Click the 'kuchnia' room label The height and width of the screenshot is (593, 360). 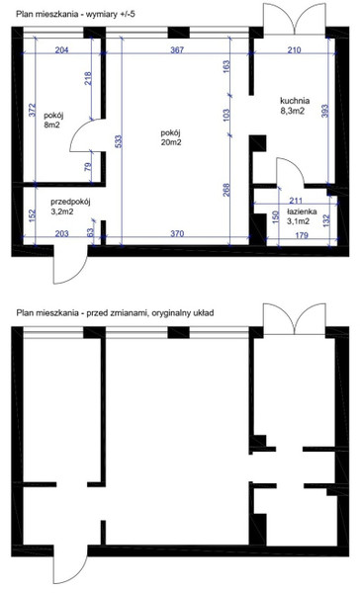tap(295, 101)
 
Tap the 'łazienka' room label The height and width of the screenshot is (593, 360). tap(302, 212)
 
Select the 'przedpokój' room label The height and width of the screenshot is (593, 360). tap(70, 202)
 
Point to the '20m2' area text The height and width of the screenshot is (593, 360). tap(171, 142)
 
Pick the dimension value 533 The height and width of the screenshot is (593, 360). tap(119, 141)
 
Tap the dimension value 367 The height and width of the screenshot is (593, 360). tap(177, 49)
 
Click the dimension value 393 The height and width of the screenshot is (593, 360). tap(325, 111)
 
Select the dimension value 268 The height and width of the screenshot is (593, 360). tap(226, 190)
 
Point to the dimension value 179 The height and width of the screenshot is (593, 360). tap(302, 235)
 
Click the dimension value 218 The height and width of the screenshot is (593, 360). tap(88, 79)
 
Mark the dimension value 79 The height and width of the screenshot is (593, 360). tap(88, 166)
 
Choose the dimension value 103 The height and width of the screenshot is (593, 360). tap(226, 116)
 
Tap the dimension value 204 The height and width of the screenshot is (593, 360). tap(61, 49)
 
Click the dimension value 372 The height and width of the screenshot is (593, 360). tap(32, 110)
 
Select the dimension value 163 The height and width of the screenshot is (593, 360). tap(226, 67)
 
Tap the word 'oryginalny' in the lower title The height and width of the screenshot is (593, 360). tap(168, 313)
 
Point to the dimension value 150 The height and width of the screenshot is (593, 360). tap(276, 217)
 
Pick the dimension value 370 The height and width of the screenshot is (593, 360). tap(177, 233)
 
